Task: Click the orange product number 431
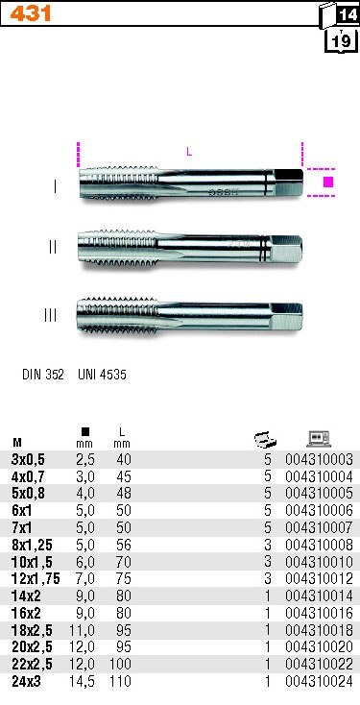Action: coord(30,14)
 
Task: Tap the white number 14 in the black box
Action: coord(348,15)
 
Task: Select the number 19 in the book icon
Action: coord(341,41)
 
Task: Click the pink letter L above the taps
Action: coord(189,152)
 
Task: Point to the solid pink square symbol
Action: coord(328,182)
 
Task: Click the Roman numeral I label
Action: coord(55,186)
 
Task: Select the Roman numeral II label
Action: coord(53,247)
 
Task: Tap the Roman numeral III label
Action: coord(50,315)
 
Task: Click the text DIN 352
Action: coord(42,375)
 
